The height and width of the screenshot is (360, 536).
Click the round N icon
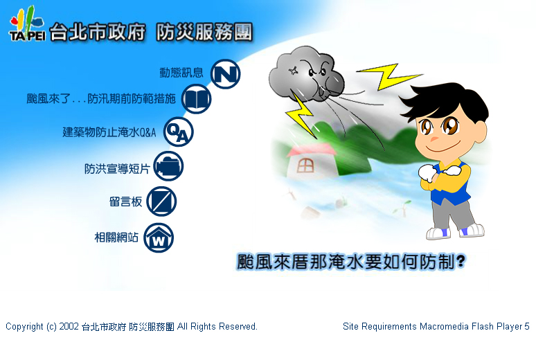pos(225,74)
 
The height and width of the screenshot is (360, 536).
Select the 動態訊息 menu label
pos(181,73)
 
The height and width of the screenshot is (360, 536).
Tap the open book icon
pos(196,99)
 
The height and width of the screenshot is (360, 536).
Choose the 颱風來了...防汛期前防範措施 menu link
pos(101,99)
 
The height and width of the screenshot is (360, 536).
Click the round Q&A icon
pos(179,132)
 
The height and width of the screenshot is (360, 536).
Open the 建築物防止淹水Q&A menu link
pos(109,132)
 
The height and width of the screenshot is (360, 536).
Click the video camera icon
pos(168,166)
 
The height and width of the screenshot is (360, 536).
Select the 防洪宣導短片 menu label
pos(117,168)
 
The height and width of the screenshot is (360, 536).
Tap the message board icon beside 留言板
pos(161,201)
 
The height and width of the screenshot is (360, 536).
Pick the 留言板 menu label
pos(125,201)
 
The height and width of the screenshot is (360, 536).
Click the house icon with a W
pos(159,237)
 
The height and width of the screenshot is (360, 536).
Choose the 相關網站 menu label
pos(116,237)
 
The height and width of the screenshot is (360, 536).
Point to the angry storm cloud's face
pos(317,76)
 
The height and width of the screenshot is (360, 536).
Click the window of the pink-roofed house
pos(305,166)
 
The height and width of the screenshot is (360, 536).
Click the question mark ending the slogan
pos(461,262)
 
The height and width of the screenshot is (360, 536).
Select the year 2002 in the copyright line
pos(69,327)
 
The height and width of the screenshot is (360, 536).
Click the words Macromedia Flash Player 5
pos(474,327)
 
